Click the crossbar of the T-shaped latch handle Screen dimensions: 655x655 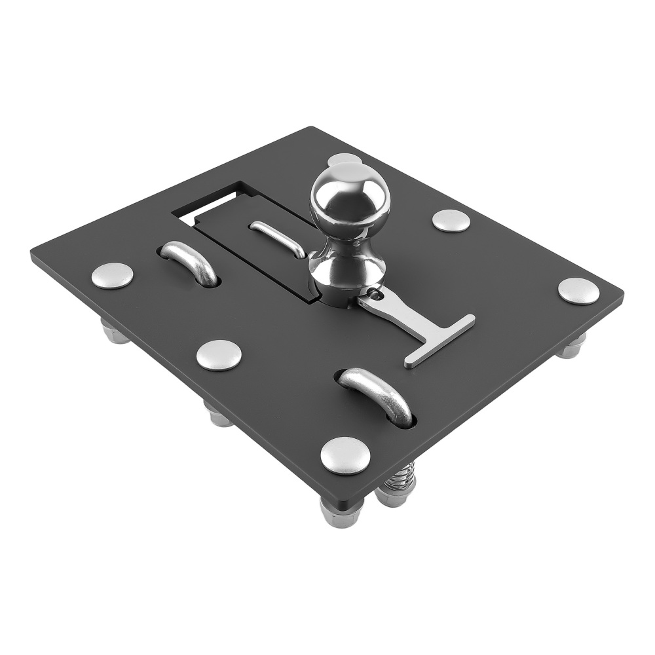tap(440, 341)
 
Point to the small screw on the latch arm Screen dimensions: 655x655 tap(373, 294)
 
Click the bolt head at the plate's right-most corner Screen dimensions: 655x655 tap(578, 291)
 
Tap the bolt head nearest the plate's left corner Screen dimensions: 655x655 tap(112, 276)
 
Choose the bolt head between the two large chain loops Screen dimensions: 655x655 tap(219, 355)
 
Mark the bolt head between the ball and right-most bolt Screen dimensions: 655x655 tap(451, 221)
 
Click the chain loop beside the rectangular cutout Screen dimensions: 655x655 tap(189, 261)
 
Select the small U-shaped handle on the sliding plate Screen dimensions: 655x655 tap(278, 237)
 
